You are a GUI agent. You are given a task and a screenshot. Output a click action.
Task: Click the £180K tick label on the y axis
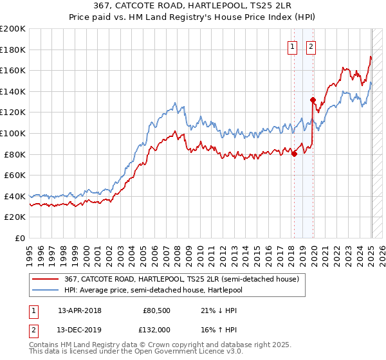13,50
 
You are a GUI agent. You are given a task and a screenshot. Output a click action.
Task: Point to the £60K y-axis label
15,175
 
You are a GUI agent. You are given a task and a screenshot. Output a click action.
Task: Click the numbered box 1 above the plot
292,46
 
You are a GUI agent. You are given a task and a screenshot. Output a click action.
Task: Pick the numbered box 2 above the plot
311,46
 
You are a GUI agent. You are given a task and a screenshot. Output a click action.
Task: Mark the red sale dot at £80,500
294,154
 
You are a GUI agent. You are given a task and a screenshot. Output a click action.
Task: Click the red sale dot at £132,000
313,100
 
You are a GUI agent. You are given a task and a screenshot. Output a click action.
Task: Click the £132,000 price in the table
156,329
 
